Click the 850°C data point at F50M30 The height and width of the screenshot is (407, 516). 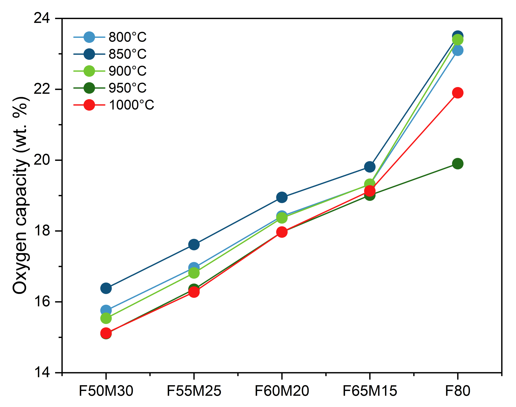click(x=106, y=288)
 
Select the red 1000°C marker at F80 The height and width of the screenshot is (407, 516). click(x=458, y=93)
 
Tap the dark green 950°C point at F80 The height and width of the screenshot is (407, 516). click(x=458, y=164)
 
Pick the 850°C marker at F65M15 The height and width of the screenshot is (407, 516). click(x=370, y=167)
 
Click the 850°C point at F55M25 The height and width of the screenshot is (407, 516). click(x=194, y=245)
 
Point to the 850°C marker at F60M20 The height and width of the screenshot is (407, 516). click(x=282, y=197)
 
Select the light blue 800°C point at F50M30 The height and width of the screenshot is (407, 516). click(x=106, y=310)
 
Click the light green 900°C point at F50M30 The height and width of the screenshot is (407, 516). click(x=106, y=318)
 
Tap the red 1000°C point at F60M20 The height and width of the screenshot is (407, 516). click(x=282, y=232)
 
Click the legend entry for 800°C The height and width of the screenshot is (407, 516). click(x=127, y=37)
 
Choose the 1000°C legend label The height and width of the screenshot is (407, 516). click(x=131, y=105)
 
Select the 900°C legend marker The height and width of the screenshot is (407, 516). click(x=89, y=71)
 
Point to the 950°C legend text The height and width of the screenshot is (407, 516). click(x=127, y=88)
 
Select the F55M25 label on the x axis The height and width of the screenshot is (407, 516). click(x=194, y=391)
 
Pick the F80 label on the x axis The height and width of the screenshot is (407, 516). click(x=458, y=391)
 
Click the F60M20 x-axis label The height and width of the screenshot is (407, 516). click(x=282, y=391)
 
